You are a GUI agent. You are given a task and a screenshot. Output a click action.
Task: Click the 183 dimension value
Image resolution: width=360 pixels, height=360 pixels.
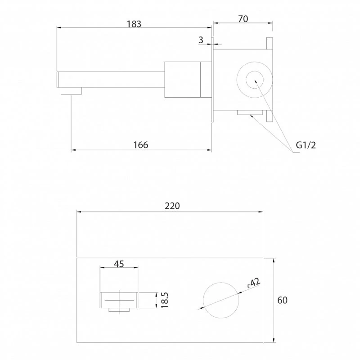coord(134,24)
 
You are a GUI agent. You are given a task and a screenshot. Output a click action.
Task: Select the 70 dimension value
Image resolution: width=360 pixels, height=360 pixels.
coord(243,19)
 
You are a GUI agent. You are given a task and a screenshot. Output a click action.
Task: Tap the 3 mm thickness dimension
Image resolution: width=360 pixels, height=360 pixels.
coord(201,40)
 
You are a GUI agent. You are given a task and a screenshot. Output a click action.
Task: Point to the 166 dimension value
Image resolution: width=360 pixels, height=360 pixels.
coord(141,145)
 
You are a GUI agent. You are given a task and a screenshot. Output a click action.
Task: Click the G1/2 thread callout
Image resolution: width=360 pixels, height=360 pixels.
coord(306,145)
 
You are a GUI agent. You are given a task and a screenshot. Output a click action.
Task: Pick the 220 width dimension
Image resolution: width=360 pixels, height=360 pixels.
coord(172,206)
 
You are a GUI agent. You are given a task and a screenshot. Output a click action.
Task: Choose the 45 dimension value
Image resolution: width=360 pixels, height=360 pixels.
coord(119,264)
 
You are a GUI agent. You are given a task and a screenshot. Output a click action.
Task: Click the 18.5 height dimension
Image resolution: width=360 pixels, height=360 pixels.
coord(165,300)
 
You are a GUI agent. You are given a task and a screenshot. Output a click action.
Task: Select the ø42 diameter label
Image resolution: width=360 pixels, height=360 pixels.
coord(253,283)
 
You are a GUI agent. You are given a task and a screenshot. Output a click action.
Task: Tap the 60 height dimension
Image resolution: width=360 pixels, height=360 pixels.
coord(282,300)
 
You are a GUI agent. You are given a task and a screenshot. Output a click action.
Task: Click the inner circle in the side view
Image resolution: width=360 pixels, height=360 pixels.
coord(255,80)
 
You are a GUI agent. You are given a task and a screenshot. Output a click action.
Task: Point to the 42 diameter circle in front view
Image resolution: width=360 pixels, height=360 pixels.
coord(221,283)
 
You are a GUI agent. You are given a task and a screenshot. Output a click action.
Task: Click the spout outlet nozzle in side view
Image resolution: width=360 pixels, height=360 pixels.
coord(71,91)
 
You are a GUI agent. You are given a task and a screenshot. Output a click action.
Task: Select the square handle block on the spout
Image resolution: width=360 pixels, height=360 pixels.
coord(183,80)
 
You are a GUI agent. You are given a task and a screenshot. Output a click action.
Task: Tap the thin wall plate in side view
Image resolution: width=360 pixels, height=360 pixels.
coord(212,80)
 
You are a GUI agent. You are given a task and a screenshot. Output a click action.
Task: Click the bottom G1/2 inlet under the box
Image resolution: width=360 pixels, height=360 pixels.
coord(250,112)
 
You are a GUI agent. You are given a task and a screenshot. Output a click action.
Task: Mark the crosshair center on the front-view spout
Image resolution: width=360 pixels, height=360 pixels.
coord(119,300)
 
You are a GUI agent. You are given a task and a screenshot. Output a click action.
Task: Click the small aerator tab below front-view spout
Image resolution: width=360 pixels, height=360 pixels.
coord(119,310)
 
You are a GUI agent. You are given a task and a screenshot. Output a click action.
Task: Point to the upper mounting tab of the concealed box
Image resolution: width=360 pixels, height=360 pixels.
coord(270,43)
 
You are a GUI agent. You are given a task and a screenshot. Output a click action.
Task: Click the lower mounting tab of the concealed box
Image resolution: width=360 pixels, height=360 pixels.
coord(270,116)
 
